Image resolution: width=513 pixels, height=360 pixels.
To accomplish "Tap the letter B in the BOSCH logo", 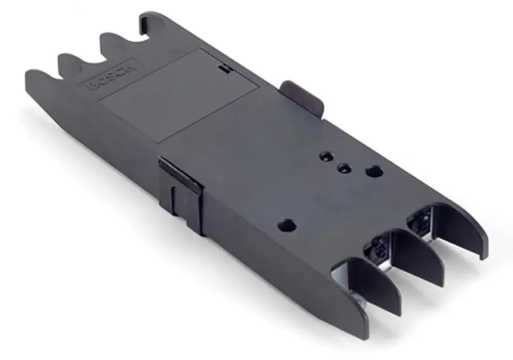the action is (93, 86).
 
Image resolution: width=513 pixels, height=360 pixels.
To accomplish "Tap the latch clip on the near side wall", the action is (180, 193).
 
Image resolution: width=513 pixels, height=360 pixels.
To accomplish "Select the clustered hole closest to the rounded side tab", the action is (326, 156).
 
